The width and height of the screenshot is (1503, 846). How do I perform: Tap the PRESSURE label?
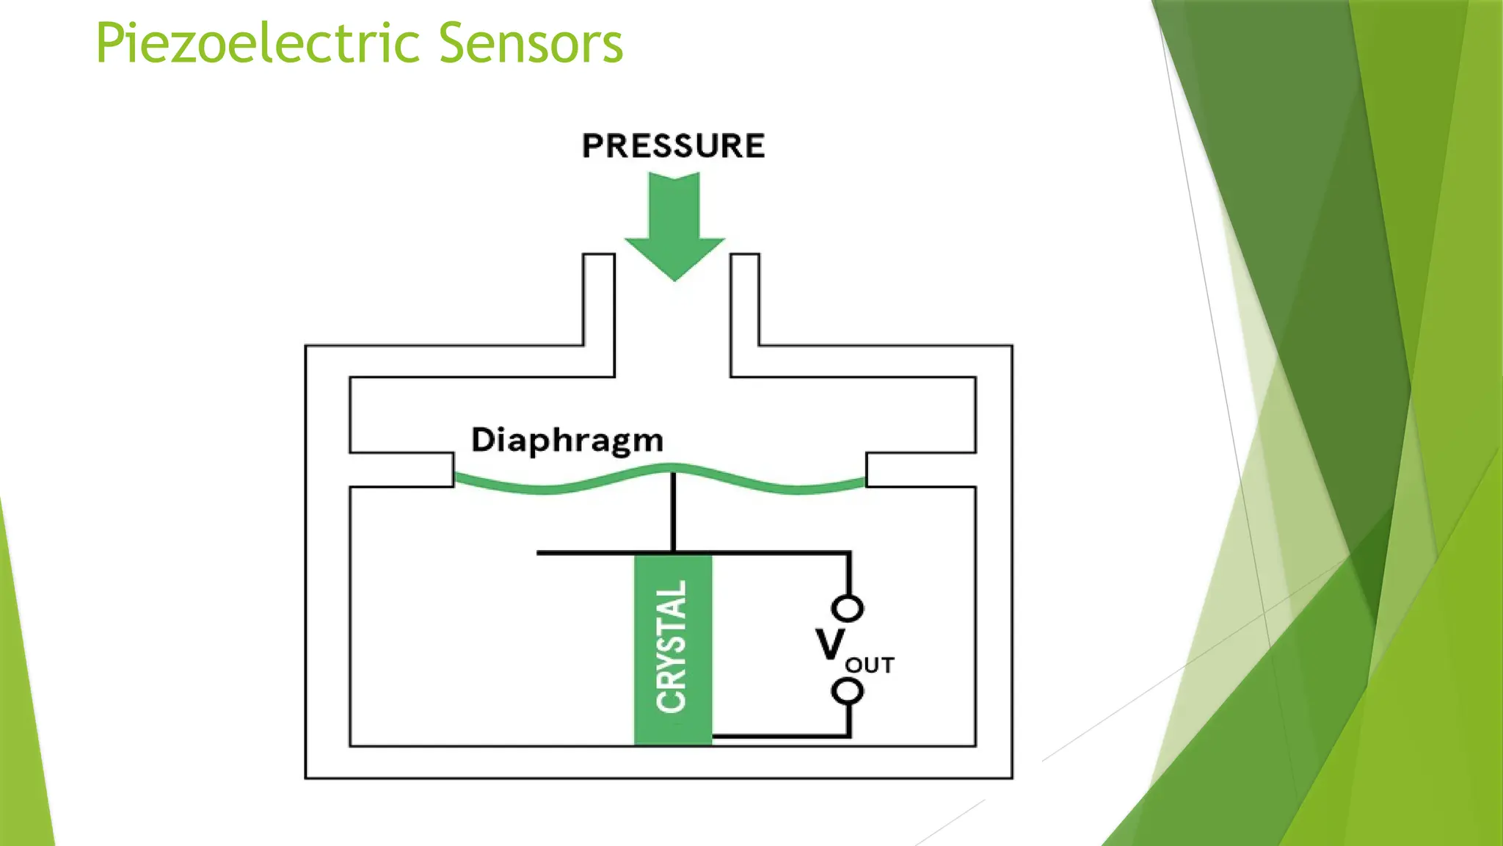(673, 145)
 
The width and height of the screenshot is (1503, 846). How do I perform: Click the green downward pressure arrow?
(674, 220)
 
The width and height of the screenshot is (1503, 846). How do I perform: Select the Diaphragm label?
(567, 440)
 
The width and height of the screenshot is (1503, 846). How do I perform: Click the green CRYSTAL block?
(672, 650)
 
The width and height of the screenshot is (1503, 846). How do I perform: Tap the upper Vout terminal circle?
(848, 608)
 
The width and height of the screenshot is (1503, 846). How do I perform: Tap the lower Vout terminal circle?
(848, 691)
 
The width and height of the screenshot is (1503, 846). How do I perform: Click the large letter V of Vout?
(830, 646)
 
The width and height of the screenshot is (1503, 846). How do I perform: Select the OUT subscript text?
(870, 665)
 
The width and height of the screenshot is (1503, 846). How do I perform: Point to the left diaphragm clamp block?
(402, 470)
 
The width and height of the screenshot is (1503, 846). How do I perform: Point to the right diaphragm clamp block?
(920, 470)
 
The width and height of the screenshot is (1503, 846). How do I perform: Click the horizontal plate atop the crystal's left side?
(587, 552)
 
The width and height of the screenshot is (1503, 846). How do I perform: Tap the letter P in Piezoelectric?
(110, 44)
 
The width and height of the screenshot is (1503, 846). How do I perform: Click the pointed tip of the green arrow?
(674, 278)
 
